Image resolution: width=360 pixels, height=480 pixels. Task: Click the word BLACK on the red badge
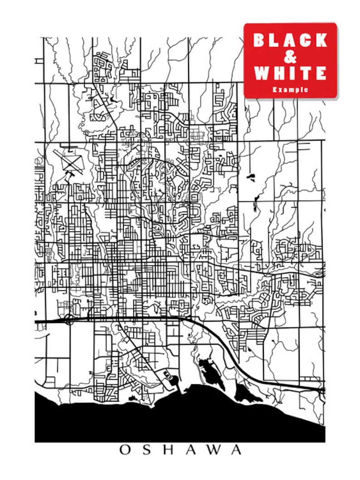(290, 40)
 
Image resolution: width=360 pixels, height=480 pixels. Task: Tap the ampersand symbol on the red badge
(290, 57)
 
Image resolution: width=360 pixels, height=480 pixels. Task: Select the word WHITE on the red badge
(290, 73)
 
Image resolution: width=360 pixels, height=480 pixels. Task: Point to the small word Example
(290, 90)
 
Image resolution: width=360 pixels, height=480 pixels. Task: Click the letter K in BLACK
(321, 40)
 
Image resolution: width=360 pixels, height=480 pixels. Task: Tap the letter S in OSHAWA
(148, 450)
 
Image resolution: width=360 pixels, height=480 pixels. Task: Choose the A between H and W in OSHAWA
(191, 450)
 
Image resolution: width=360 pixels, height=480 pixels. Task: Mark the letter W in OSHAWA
(214, 450)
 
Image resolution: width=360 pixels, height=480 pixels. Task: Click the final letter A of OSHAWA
(236, 450)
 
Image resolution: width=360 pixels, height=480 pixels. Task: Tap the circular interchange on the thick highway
(68, 320)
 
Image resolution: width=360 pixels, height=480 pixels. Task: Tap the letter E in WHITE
(321, 73)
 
